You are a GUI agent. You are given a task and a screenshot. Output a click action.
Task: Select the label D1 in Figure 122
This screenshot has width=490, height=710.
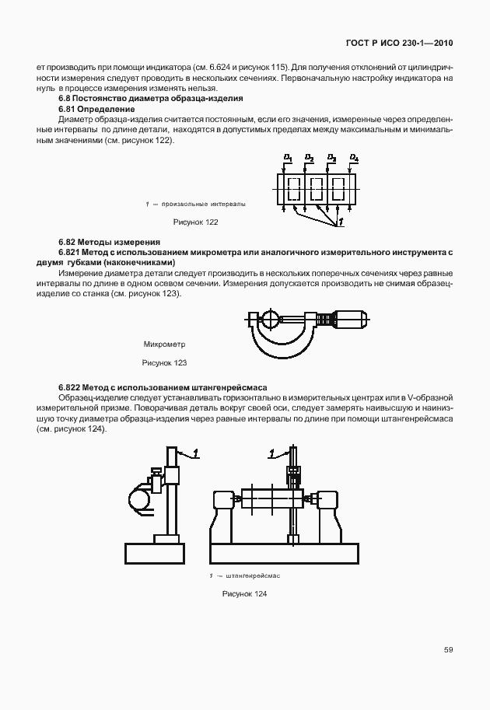(288, 158)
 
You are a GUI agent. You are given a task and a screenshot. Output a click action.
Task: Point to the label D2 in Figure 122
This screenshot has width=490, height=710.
(310, 158)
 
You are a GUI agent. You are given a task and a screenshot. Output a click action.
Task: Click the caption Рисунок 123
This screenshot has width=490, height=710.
(164, 362)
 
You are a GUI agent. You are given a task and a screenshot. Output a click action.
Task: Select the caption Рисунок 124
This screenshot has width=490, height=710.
(244, 594)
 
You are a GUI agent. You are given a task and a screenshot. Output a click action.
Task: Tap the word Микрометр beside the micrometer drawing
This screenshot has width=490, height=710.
(165, 344)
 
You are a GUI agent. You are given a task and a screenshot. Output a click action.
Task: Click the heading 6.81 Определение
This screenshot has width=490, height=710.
(92, 109)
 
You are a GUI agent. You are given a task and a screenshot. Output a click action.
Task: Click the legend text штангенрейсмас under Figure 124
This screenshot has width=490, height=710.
(252, 575)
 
